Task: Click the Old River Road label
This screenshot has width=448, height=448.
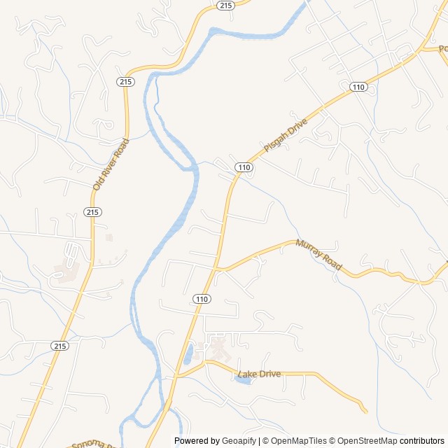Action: click(112, 164)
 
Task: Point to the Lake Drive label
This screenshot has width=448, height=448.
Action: click(260, 374)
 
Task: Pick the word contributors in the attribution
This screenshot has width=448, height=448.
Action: click(422, 441)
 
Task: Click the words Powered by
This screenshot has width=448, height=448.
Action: click(195, 441)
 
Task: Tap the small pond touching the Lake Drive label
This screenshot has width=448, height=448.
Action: click(244, 380)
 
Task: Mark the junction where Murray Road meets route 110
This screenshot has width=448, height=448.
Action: click(218, 268)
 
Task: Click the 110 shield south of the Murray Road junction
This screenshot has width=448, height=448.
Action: click(202, 299)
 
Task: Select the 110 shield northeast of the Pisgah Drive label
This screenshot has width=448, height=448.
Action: click(358, 87)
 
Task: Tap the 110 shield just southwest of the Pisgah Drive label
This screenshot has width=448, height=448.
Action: click(244, 167)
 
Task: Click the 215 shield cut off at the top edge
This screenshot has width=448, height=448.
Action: click(225, 5)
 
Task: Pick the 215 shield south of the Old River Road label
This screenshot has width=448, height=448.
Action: click(92, 212)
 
